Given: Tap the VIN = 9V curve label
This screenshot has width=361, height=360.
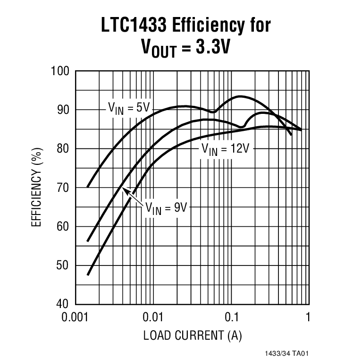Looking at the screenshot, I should point(166,207).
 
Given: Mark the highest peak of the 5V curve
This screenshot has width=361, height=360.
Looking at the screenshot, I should point(240,96).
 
